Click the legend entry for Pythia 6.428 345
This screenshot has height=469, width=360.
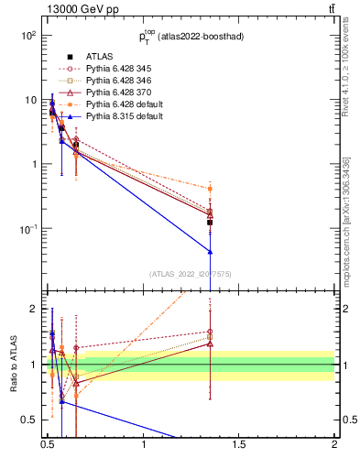pos(115,69)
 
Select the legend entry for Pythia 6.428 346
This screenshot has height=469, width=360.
pos(115,81)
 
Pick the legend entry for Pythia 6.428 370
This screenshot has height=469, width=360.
pos(115,93)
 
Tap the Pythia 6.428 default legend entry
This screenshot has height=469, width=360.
pos(118,104)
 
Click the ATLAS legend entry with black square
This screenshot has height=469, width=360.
pos(98,57)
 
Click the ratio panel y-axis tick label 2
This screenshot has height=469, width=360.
pos(31,309)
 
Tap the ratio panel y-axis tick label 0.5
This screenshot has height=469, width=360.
pos(27,420)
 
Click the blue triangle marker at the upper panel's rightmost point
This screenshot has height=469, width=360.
pos(211,251)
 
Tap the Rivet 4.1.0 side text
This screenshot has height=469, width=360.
pos(347,73)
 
